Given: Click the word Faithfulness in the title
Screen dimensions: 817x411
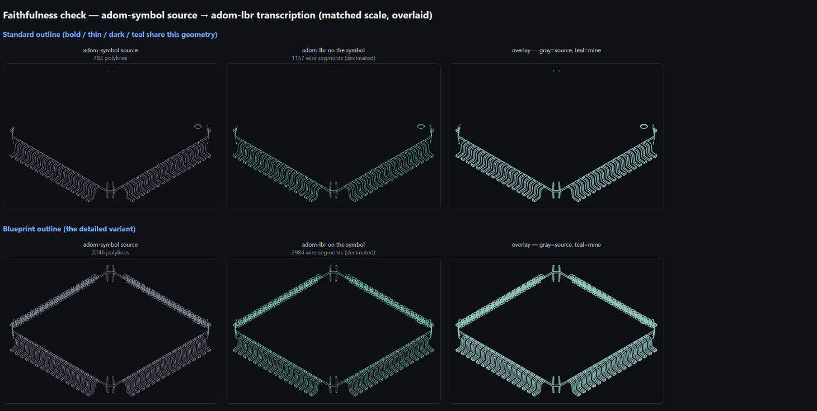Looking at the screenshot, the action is pos(45,15).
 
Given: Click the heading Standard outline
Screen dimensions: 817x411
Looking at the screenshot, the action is pos(31,35).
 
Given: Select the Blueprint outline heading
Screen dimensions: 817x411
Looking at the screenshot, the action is pos(32,229).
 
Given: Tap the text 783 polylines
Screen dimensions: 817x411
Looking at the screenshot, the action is pos(110,58).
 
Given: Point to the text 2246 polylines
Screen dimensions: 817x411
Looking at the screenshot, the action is pos(110,253).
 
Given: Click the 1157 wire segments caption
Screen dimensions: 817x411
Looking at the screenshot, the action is pos(334,58).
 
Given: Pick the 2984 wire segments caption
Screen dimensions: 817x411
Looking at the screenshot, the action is pos(334,253).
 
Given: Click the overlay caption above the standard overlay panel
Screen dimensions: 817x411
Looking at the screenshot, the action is pos(556,50).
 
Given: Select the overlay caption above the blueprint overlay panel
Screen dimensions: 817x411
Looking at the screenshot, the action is pos(556,245).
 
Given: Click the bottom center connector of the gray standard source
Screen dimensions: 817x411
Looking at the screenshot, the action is pos(110,190).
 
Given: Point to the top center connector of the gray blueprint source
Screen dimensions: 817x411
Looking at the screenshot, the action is pos(110,273).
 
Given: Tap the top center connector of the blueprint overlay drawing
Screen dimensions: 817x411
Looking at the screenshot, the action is pos(556,273).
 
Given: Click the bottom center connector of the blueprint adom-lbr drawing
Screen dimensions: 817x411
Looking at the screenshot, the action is pos(333,384).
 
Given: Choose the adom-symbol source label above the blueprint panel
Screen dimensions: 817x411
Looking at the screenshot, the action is pos(110,245).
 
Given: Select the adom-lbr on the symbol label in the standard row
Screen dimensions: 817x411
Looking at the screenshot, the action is pos(334,50).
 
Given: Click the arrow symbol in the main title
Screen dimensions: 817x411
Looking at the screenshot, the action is pos(204,15).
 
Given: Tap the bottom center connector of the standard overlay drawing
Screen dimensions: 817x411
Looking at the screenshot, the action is pos(556,190).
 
